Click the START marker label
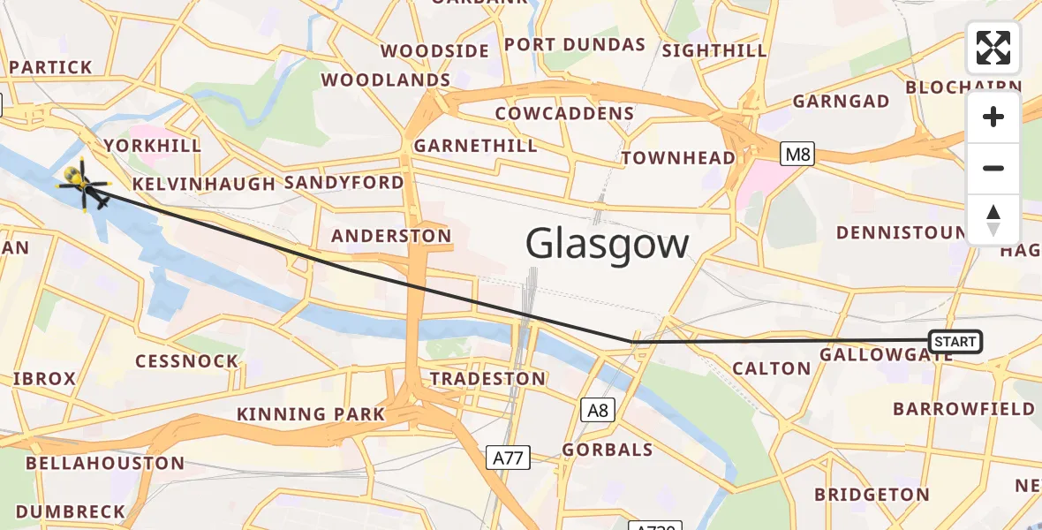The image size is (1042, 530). point(955,342)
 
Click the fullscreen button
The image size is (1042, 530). point(993,48)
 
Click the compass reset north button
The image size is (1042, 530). point(993,220)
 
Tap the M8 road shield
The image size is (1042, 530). point(796,155)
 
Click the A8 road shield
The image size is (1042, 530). point(598,410)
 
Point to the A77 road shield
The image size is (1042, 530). point(508,457)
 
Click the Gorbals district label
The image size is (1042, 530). point(608,450)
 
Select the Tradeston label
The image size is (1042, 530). point(487,379)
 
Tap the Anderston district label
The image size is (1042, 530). point(391,236)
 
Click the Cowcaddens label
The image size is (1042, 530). point(564,113)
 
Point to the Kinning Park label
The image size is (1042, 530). point(311,414)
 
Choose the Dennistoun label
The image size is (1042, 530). point(901,232)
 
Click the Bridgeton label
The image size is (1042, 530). point(872,495)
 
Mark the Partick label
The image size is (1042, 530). point(50,67)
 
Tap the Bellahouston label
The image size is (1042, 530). point(105,464)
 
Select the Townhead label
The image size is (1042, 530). point(678,158)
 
